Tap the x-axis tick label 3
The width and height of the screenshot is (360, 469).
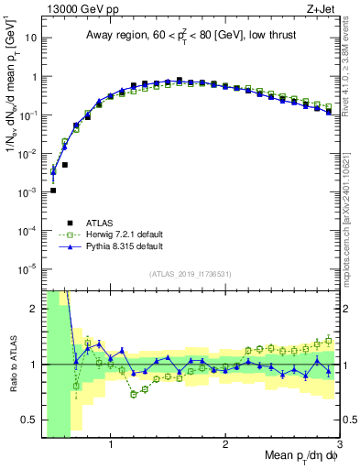tap(340, 444)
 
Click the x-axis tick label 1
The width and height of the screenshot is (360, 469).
tap(111, 444)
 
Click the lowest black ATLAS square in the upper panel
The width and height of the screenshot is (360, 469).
tap(53, 191)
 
